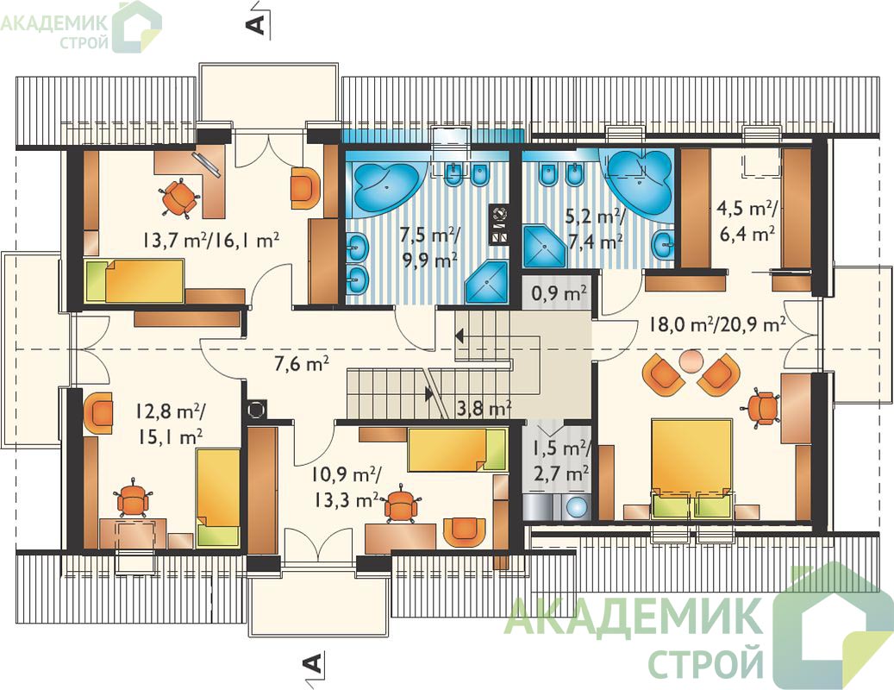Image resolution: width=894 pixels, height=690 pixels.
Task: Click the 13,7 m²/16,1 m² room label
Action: [x=211, y=240]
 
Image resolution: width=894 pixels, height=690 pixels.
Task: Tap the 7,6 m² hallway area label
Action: [x=302, y=363]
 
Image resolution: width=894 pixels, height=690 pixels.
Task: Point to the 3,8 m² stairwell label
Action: [x=484, y=408]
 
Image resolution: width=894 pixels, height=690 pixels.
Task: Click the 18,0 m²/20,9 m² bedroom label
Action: [x=717, y=325]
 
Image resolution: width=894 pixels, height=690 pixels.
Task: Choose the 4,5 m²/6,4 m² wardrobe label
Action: [x=747, y=221]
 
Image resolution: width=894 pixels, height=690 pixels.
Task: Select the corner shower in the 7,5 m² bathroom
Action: [x=486, y=282]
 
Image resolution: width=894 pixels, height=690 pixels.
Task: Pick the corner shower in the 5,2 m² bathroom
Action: [x=543, y=247]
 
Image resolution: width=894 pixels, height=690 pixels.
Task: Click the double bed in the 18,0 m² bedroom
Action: [x=691, y=468]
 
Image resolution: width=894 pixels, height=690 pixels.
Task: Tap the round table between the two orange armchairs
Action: [x=691, y=361]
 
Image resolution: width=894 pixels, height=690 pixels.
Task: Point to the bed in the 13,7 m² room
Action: [x=134, y=280]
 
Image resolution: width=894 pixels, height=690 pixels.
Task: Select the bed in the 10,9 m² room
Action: [x=457, y=450]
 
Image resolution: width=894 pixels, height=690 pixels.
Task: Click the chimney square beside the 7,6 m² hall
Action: [x=256, y=408]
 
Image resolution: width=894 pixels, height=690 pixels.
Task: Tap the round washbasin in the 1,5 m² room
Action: [x=578, y=506]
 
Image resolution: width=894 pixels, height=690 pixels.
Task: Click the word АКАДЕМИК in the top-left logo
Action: [x=54, y=22]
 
